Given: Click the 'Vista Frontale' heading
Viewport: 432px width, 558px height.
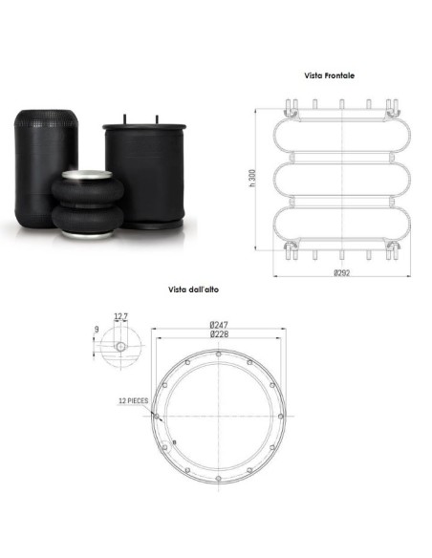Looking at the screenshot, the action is click(329, 75).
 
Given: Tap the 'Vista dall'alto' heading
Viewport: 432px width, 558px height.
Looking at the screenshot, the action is click(193, 290).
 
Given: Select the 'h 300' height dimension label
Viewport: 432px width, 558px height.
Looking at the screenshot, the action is click(252, 178).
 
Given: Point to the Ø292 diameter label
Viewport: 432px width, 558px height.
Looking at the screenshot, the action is click(341, 272).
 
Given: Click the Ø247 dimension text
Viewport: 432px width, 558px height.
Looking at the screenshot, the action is click(219, 325).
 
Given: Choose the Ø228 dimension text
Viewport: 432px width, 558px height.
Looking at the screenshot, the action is click(219, 333).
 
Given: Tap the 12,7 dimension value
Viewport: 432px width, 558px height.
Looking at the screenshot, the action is click(121, 316).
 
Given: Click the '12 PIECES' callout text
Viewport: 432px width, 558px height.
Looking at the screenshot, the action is click(133, 400).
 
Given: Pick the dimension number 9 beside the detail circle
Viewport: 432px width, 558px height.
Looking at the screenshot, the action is click(97, 330).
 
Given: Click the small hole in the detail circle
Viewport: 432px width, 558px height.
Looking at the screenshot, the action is click(121, 346).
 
